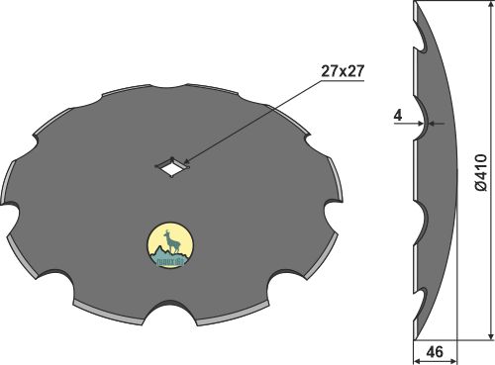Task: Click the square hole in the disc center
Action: click(x=174, y=167)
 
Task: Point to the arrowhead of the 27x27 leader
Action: click(x=185, y=160)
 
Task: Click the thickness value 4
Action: click(x=396, y=116)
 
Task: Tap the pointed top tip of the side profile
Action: click(x=413, y=4)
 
